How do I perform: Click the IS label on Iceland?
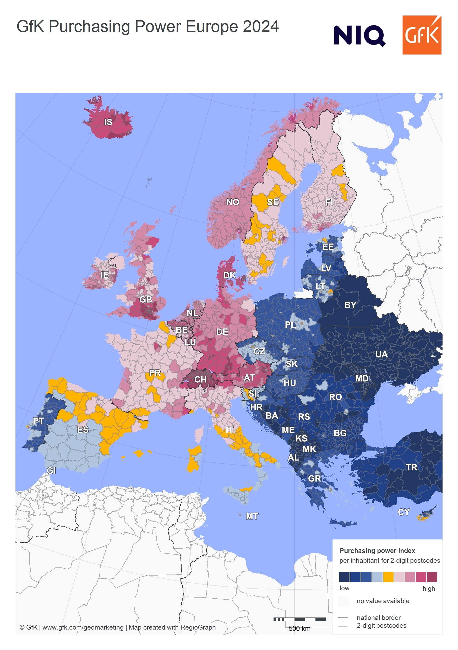click(x=108, y=122)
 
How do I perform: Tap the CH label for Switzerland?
click(x=200, y=379)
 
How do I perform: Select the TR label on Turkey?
click(x=411, y=467)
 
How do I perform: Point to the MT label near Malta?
click(x=252, y=516)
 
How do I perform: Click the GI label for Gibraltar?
click(x=51, y=471)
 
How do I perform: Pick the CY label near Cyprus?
click(x=404, y=512)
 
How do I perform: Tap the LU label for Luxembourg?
click(x=190, y=342)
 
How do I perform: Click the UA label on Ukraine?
click(x=381, y=354)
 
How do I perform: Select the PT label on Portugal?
click(x=38, y=421)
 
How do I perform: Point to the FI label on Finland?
click(x=329, y=203)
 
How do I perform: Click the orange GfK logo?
click(x=422, y=35)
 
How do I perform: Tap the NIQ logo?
click(x=359, y=36)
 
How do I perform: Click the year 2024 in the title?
click(x=261, y=27)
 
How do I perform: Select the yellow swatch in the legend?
click(x=388, y=577)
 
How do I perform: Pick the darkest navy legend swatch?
click(x=344, y=577)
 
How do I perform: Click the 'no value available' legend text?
click(x=383, y=601)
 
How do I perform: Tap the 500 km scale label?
click(x=299, y=629)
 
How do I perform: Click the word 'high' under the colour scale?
click(x=429, y=589)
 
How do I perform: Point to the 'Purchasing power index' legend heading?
click(x=377, y=551)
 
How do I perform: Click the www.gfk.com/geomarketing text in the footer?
click(x=83, y=627)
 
